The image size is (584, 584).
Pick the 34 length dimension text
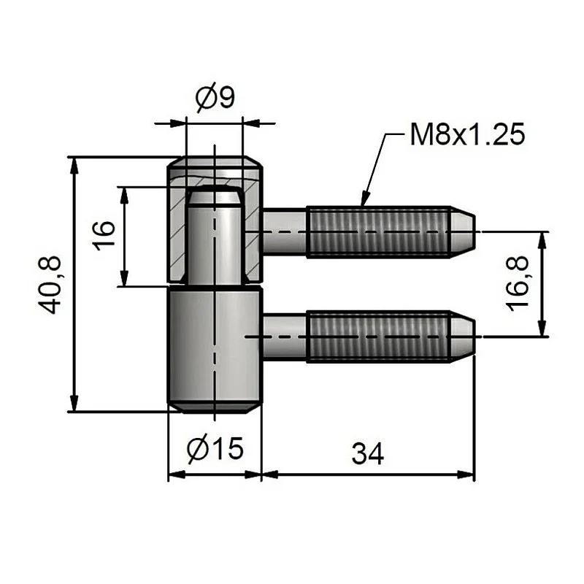[367, 453]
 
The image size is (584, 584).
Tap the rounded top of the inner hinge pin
[214, 196]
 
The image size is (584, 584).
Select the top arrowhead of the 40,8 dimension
[73, 164]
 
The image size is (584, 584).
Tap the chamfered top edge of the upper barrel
[215, 161]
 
